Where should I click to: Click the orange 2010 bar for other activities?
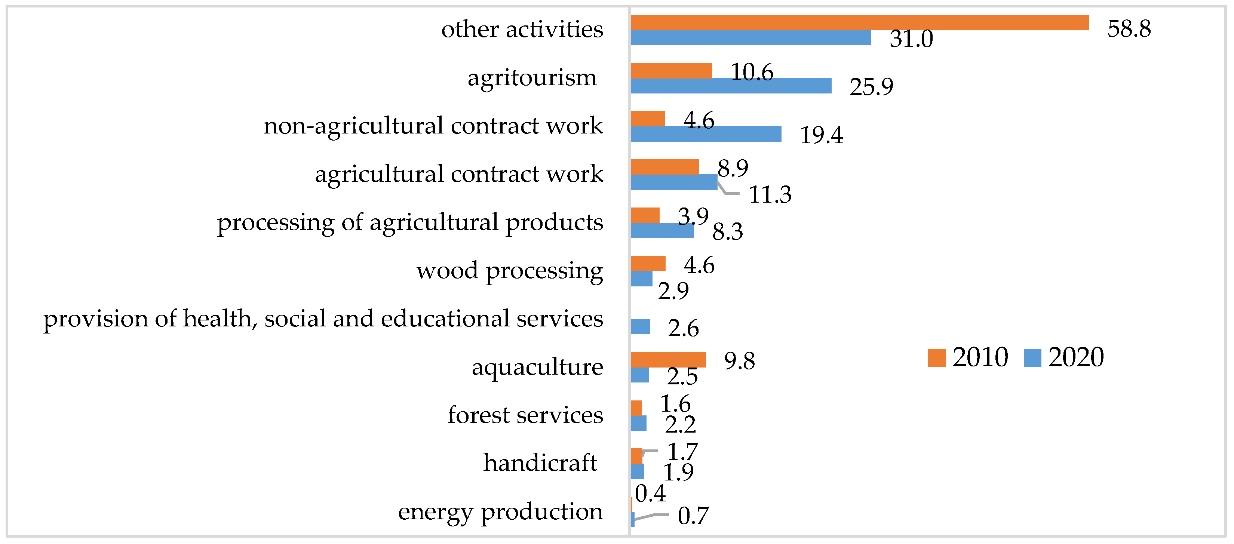[x=859, y=22]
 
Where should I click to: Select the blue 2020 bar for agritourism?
[x=731, y=86]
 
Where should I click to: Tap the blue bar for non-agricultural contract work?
[x=706, y=134]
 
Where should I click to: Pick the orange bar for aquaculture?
[x=668, y=360]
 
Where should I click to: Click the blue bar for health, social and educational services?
[x=640, y=327]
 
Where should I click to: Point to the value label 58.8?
[x=1129, y=29]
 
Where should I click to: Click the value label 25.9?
[x=871, y=87]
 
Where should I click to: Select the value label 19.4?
[x=821, y=135]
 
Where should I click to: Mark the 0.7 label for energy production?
[x=693, y=516]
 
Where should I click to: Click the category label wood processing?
[x=509, y=271]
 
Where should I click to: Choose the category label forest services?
[x=525, y=415]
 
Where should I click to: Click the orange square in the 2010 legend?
[x=936, y=358]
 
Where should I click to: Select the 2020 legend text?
[x=1075, y=357]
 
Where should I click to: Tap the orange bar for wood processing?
[x=648, y=263]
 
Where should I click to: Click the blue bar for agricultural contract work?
[x=673, y=182]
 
